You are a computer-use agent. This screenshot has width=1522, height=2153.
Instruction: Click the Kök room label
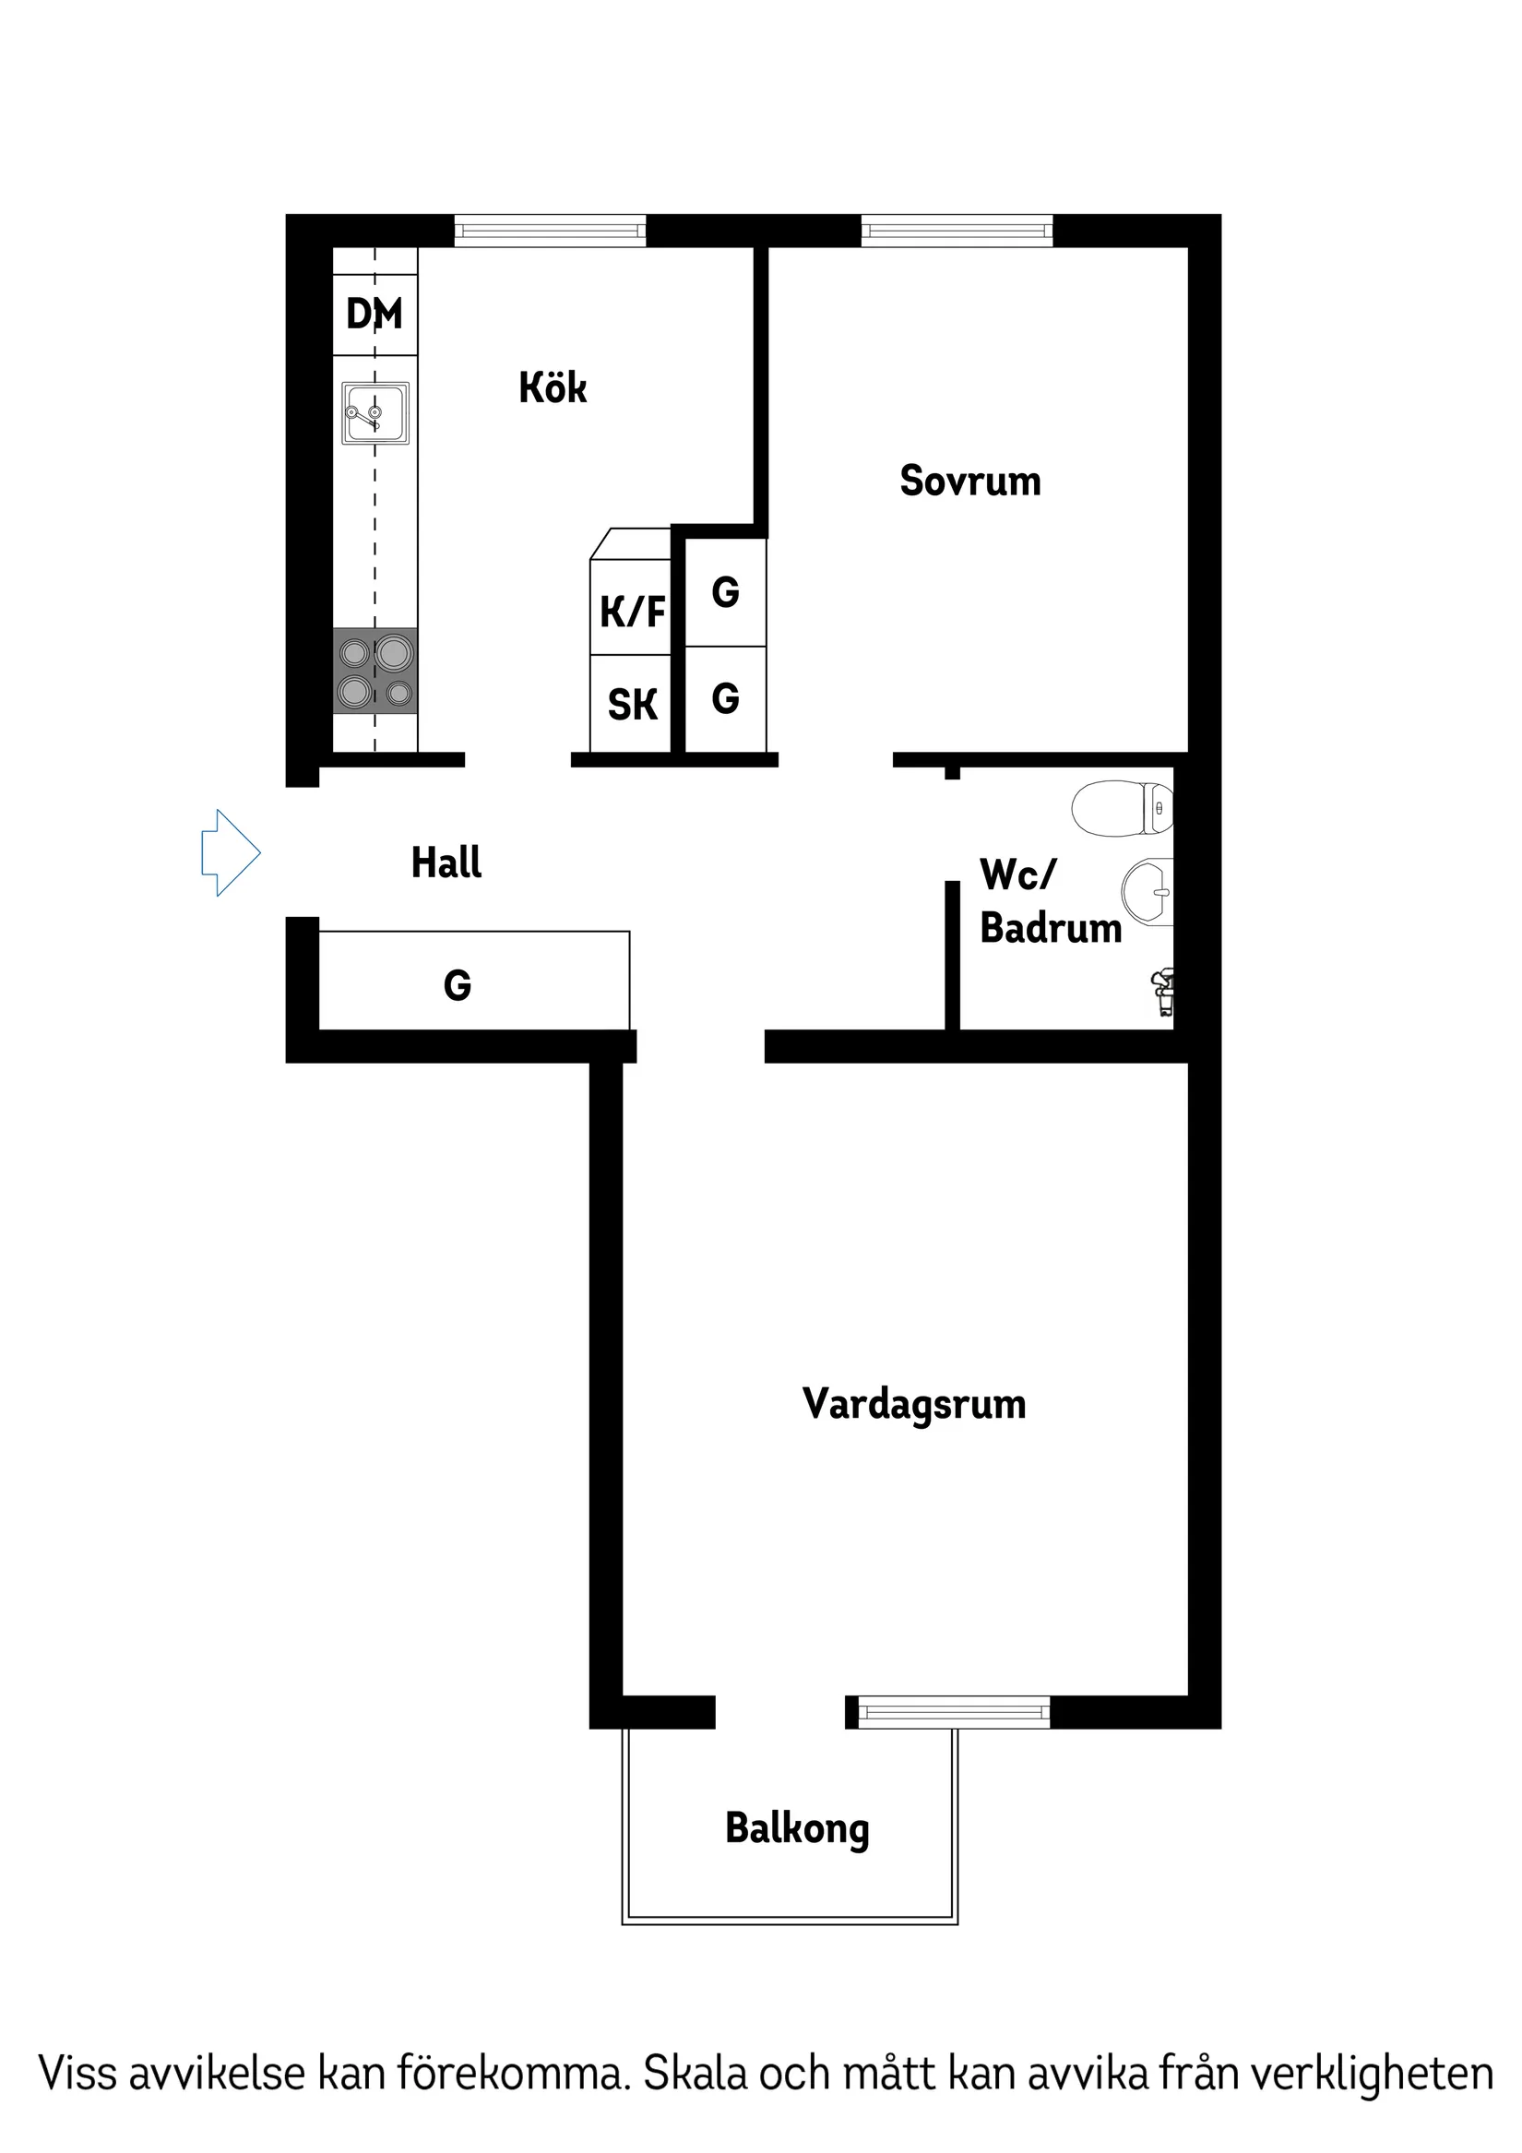pyautogui.click(x=553, y=387)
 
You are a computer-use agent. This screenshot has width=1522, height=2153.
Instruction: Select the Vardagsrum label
pyautogui.click(x=913, y=1404)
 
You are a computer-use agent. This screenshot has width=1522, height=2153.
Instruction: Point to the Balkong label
pyautogui.click(x=797, y=1828)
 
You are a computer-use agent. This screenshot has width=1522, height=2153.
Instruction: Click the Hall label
pyautogui.click(x=446, y=862)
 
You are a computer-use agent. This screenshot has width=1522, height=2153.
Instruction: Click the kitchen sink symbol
pyautogui.click(x=375, y=412)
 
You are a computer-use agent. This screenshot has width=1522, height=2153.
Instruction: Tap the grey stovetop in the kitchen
pyautogui.click(x=375, y=671)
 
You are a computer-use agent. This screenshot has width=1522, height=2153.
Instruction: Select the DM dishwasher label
pyautogui.click(x=375, y=315)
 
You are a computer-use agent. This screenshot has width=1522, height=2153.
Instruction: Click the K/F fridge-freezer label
pyautogui.click(x=632, y=613)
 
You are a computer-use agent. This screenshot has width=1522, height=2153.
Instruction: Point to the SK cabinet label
pyautogui.click(x=632, y=705)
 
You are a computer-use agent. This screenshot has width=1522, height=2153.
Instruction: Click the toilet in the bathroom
pyautogui.click(x=1123, y=807)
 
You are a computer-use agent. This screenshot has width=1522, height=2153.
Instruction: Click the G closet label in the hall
pyautogui.click(x=458, y=985)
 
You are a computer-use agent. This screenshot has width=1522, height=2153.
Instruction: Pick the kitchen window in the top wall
pyautogui.click(x=551, y=230)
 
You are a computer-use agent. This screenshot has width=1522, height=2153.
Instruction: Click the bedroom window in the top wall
pyautogui.click(x=957, y=230)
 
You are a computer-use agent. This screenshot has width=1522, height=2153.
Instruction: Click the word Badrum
pyautogui.click(x=1051, y=928)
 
